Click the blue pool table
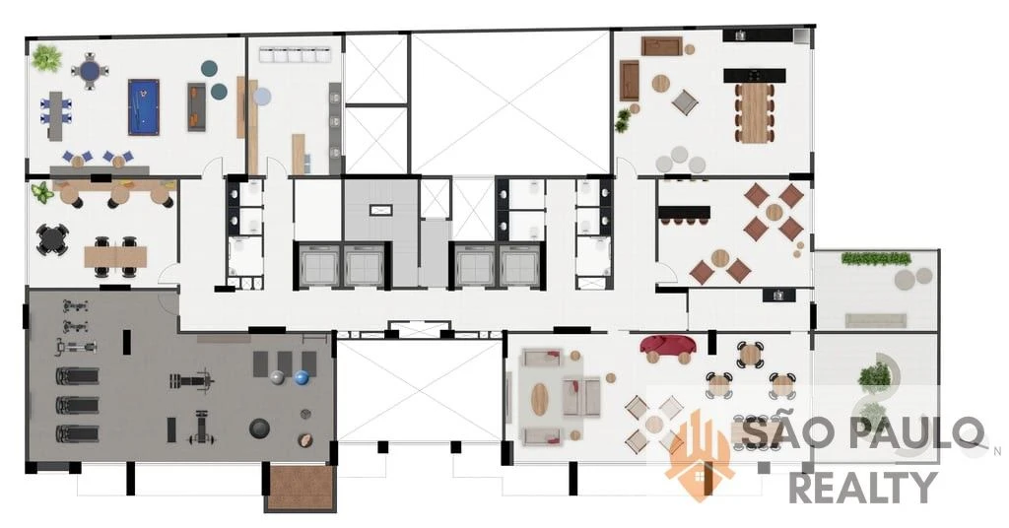click(x=143, y=106)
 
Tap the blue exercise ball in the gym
click(x=302, y=377)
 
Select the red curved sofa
click(x=667, y=346)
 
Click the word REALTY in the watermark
click(x=863, y=487)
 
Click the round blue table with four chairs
click(x=90, y=70)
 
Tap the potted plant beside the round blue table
click(x=46, y=58)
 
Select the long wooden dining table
click(x=755, y=112)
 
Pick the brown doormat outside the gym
click(x=302, y=488)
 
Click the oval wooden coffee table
click(x=539, y=399)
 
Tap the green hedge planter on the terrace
click(x=876, y=258)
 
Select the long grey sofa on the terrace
click(x=875, y=319)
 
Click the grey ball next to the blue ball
click(x=277, y=377)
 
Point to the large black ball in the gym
click(x=259, y=429)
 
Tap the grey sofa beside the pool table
click(x=197, y=106)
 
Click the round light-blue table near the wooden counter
click(x=262, y=97)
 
